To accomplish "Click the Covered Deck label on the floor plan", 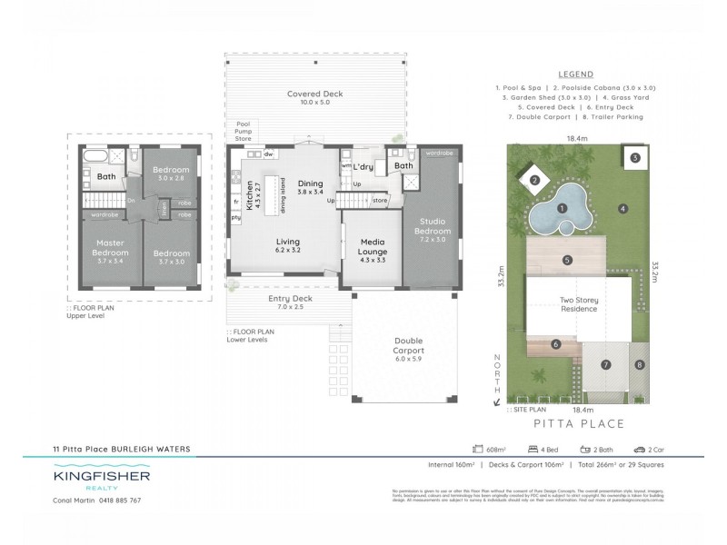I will (314, 94).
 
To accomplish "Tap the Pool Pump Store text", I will (243, 131).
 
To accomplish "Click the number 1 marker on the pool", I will (563, 209).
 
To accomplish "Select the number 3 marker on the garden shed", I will (634, 157).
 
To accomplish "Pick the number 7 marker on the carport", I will (605, 365).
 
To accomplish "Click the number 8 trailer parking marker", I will (639, 365).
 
